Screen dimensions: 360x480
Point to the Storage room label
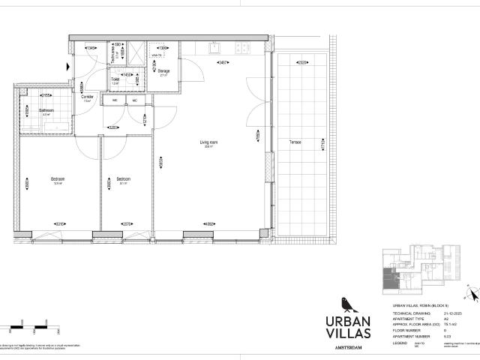click(163, 71)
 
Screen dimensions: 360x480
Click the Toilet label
click(115, 80)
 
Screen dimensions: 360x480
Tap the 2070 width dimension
click(127, 223)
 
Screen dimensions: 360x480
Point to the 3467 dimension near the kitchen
click(223, 63)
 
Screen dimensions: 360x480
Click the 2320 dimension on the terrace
click(301, 63)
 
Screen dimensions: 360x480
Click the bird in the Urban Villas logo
click(344, 302)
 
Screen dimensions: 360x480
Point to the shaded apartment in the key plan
click(388, 278)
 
